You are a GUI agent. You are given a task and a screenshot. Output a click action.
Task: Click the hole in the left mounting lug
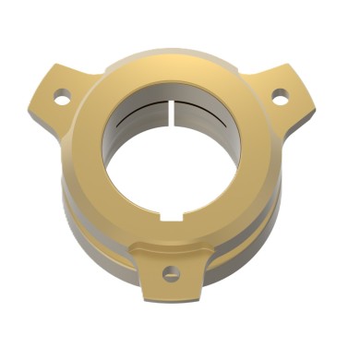click(x=61, y=95)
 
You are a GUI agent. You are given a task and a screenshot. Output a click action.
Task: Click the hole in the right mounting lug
click(x=279, y=94)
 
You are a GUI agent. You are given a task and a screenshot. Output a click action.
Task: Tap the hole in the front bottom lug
click(x=171, y=273)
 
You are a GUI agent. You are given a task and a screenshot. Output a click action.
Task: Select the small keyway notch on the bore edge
click(x=169, y=217)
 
